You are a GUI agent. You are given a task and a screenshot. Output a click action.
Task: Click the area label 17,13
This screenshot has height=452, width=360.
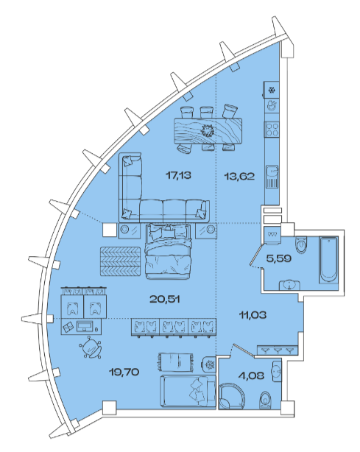tap(178, 175)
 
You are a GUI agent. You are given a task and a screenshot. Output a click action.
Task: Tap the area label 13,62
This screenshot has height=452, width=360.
tap(239, 176)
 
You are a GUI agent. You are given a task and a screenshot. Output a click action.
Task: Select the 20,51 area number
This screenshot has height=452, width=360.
tap(165, 299)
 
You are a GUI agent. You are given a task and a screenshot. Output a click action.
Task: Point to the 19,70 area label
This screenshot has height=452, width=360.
tap(124, 372)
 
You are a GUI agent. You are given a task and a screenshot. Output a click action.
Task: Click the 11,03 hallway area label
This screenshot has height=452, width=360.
tap(253, 315)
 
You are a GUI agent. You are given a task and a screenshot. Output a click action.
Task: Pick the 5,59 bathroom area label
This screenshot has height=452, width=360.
tap(279, 258)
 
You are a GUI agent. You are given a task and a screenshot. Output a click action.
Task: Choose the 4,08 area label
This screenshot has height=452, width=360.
tap(252, 375)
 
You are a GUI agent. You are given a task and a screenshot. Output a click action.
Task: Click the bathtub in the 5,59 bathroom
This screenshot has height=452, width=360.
tap(328, 260)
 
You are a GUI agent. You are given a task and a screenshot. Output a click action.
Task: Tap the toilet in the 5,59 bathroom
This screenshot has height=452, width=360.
tap(301, 245)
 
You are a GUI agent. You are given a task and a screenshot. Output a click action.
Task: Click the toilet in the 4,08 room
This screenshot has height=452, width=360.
tap(265, 400)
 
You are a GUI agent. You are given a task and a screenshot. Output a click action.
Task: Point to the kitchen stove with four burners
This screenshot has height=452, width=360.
tap(272, 129)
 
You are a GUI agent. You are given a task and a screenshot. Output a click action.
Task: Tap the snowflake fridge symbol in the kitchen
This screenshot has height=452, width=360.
tap(272, 91)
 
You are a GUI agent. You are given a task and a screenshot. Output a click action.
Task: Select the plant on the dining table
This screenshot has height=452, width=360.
tap(208, 130)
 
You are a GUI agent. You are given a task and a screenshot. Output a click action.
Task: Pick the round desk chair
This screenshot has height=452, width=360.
tap(91, 348)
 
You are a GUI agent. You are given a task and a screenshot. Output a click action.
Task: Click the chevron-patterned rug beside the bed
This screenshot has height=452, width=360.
tap(121, 261)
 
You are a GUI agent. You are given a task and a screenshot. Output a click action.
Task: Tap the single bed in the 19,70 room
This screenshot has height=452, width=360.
tap(188, 391)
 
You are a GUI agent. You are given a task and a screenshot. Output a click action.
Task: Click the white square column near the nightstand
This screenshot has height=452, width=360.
tap(110, 230)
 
